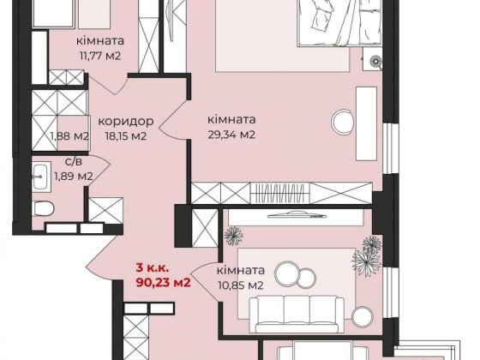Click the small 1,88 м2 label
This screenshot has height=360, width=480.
click(70, 135)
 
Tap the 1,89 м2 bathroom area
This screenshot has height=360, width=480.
click(73, 176)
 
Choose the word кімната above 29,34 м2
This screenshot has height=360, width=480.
click(233, 121)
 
